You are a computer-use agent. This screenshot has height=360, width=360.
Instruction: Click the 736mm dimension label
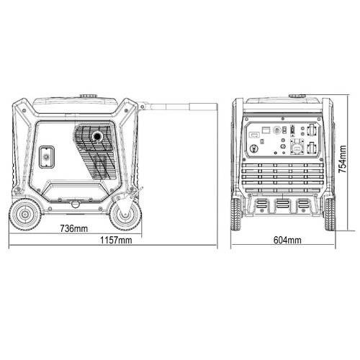[74, 228]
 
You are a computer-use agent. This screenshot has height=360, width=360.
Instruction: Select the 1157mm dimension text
[116, 240]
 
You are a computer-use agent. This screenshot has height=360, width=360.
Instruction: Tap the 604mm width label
[287, 240]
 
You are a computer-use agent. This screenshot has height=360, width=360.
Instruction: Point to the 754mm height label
[342, 159]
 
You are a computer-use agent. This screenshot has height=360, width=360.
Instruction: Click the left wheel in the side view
[25, 214]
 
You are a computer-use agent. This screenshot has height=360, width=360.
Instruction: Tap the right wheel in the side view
[125, 215]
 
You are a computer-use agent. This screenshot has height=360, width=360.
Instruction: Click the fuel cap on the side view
[89, 96]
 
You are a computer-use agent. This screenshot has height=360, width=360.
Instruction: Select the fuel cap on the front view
[297, 96]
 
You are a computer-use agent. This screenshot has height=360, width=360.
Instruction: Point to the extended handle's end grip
[204, 107]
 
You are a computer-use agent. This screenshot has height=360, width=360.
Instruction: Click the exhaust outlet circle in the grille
[97, 137]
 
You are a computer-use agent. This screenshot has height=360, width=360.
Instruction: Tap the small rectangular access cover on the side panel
[47, 157]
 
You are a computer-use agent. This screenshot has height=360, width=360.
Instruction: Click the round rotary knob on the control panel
[253, 149]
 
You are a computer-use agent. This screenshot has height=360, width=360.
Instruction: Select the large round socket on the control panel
[297, 148]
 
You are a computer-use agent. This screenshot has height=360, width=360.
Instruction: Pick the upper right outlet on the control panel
[312, 129]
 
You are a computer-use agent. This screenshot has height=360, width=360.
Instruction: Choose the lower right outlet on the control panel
[312, 147]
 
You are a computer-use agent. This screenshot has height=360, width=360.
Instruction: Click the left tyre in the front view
[237, 214]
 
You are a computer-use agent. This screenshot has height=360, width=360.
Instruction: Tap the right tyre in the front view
[329, 215]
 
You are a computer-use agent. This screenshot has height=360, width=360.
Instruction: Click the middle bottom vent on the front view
[282, 205]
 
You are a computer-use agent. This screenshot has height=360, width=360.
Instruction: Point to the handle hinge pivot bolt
[143, 106]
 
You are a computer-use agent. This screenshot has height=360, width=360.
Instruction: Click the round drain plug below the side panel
[75, 204]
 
